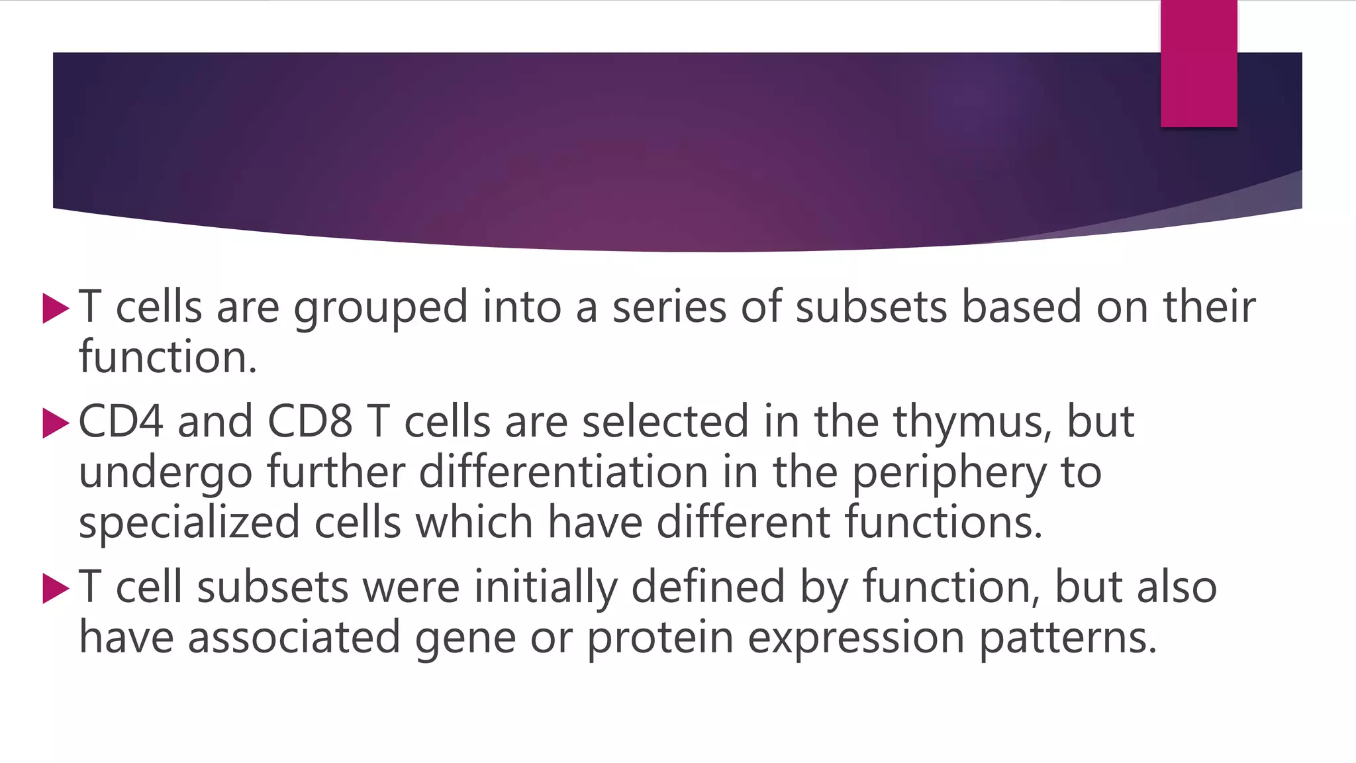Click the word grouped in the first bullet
coord(381,309)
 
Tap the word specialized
coord(189,523)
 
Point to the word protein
coord(660,638)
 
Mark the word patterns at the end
coord(1067,638)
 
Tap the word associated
coord(294,637)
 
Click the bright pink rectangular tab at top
coord(1198,64)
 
